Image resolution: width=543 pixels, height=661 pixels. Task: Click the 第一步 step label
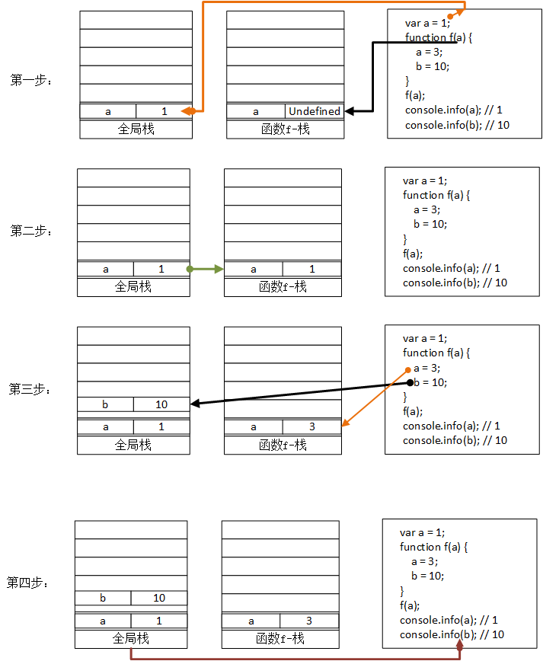(x=30, y=80)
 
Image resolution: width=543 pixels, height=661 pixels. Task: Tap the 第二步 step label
(x=30, y=231)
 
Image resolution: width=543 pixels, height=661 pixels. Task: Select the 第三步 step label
(x=29, y=389)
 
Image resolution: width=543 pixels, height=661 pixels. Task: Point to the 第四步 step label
(x=27, y=583)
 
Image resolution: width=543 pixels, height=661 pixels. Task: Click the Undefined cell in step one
(x=314, y=111)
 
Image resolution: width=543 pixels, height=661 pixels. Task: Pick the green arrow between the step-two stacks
(x=206, y=269)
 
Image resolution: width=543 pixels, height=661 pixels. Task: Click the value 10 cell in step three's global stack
(x=161, y=404)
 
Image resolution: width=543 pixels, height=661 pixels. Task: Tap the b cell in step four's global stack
(x=103, y=598)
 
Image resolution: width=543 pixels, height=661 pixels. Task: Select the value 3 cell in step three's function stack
(x=311, y=427)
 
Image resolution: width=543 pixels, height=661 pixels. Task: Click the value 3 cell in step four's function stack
(x=308, y=621)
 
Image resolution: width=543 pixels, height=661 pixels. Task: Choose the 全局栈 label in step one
(x=136, y=129)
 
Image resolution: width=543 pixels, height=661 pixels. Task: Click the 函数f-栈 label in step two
(x=283, y=287)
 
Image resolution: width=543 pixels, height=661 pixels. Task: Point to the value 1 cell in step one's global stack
(x=164, y=111)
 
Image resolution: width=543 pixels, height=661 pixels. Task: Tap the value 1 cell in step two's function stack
(x=311, y=269)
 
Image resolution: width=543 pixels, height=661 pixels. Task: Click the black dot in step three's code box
(x=409, y=382)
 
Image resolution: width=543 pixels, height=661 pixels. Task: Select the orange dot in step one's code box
(x=451, y=16)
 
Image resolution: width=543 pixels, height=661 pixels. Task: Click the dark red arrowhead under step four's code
(x=459, y=645)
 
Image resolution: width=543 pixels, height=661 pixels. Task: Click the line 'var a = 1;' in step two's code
(x=425, y=180)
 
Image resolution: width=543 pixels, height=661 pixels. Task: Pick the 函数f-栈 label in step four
(x=280, y=639)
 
